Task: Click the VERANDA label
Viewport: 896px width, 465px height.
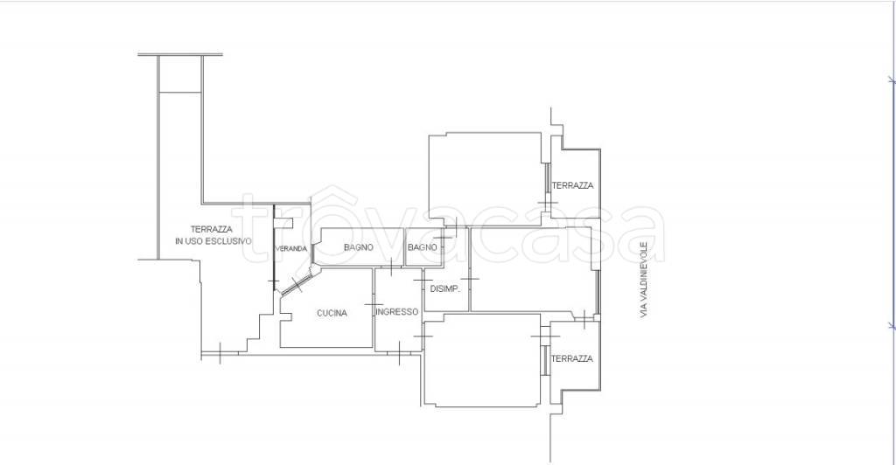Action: tap(291, 249)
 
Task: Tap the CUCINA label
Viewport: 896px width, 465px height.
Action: tap(332, 313)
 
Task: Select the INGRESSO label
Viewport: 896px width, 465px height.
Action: tap(397, 312)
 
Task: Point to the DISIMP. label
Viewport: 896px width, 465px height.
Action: tap(444, 288)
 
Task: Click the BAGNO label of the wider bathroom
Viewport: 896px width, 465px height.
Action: tap(358, 247)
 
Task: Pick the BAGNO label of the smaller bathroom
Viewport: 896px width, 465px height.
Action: tap(423, 247)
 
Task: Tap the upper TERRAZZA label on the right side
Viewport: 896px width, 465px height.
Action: tap(572, 185)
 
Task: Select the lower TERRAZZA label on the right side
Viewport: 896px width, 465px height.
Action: tap(572, 358)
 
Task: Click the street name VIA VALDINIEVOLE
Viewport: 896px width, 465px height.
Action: tap(644, 280)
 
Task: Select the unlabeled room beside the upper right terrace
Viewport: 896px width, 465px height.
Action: tap(485, 172)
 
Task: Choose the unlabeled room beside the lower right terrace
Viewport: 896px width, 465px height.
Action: tap(483, 360)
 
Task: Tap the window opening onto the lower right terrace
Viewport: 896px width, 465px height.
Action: tap(546, 360)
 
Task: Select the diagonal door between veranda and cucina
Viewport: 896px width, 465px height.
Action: tap(297, 282)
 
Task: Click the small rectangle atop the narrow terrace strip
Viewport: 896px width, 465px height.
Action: tap(180, 74)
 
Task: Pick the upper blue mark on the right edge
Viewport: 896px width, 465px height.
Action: tap(892, 80)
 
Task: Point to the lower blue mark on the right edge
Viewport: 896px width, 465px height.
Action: tap(892, 325)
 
